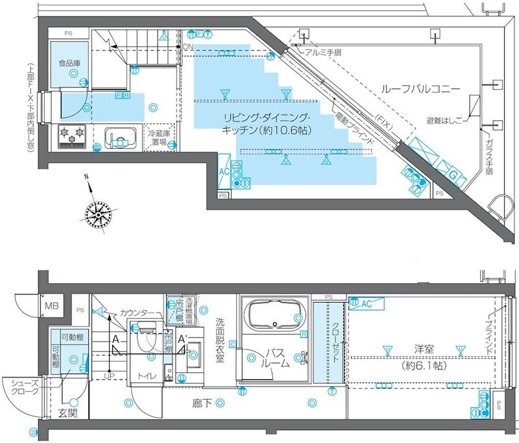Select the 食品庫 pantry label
click(x=68, y=64)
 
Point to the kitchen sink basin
click(x=120, y=138)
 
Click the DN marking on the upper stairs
click(x=187, y=47)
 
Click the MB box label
click(x=51, y=306)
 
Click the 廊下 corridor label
click(x=201, y=403)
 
